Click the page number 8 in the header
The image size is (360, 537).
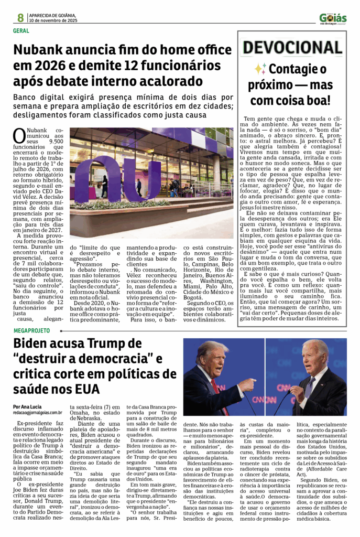click(20, 17)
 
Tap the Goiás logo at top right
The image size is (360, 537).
click(333, 19)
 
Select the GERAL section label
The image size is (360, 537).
click(21, 31)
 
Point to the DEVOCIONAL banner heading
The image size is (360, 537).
click(292, 48)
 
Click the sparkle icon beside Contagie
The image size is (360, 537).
click(260, 69)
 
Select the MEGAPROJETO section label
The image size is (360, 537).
click(32, 331)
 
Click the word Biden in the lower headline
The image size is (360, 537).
click(37, 344)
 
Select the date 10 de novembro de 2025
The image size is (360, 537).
click(53, 20)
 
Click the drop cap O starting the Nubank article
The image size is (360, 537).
click(19, 136)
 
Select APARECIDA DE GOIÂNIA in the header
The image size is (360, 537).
click(53, 15)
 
